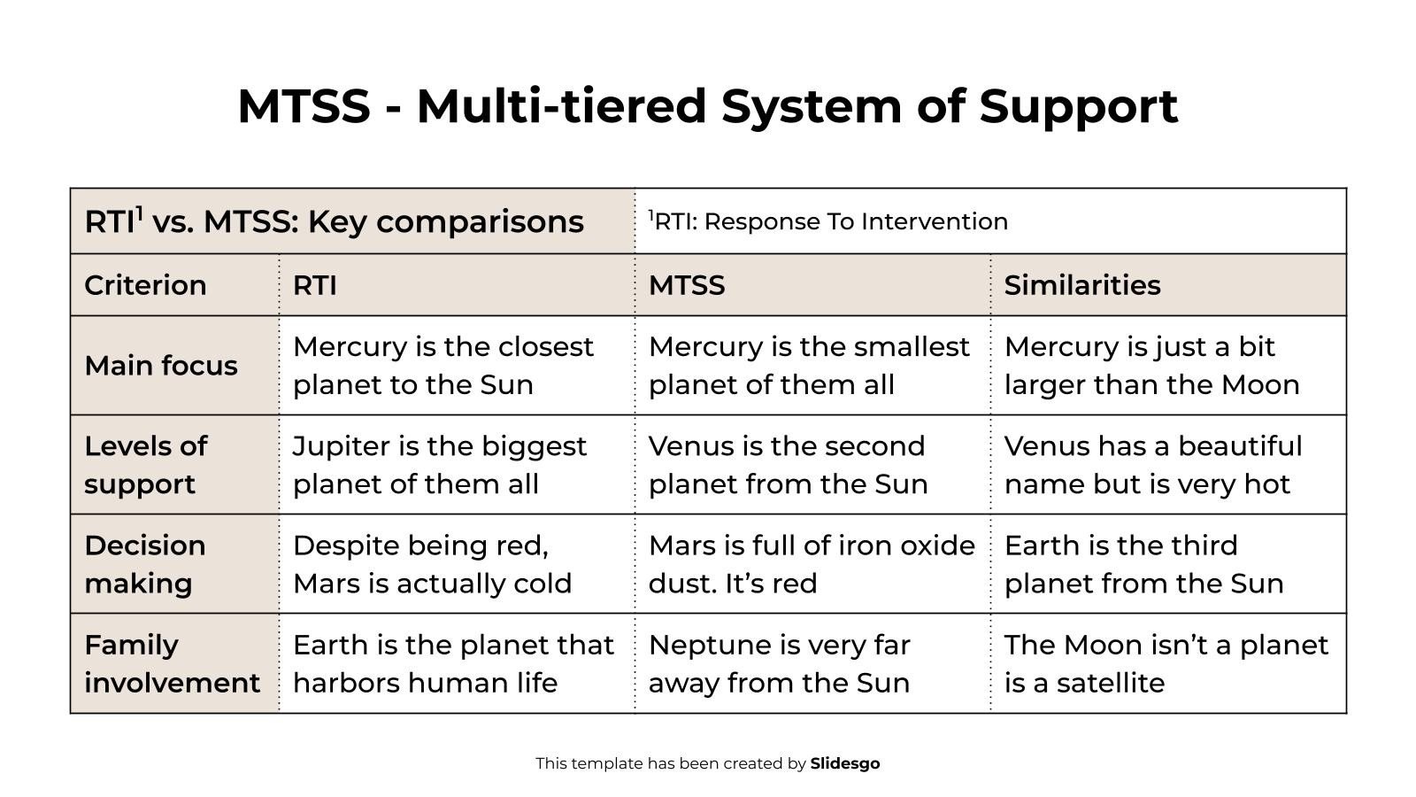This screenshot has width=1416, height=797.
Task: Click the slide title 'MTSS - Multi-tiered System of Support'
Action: [708, 106]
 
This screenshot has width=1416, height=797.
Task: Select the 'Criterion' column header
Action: [145, 285]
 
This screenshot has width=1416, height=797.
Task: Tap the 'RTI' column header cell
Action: [315, 285]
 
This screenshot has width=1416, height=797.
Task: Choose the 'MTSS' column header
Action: [687, 285]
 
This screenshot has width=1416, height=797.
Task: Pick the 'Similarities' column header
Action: [1081, 285]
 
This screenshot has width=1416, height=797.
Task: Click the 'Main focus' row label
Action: [161, 366]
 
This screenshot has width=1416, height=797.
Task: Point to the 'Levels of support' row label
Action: [145, 465]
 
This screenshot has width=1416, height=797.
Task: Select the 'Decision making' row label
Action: [145, 564]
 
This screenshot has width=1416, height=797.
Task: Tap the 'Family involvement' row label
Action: [172, 663]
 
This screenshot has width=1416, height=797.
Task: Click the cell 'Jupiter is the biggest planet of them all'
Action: [439, 465]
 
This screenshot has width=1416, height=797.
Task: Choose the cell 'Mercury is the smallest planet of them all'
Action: [809, 366]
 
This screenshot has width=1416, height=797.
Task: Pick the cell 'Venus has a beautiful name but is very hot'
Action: [1152, 465]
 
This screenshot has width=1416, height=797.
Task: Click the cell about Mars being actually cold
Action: [432, 564]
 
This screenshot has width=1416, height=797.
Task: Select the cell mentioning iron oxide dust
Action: [811, 564]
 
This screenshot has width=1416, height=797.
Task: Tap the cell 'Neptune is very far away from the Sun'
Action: [779, 663]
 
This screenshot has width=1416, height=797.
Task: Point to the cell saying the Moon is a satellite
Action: [1165, 663]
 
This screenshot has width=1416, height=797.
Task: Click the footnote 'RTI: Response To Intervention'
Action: [830, 221]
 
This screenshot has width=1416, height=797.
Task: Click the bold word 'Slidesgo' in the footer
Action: [844, 763]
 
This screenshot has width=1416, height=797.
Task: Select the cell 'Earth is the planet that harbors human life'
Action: [453, 663]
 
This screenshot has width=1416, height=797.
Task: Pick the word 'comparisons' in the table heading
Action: [480, 221]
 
